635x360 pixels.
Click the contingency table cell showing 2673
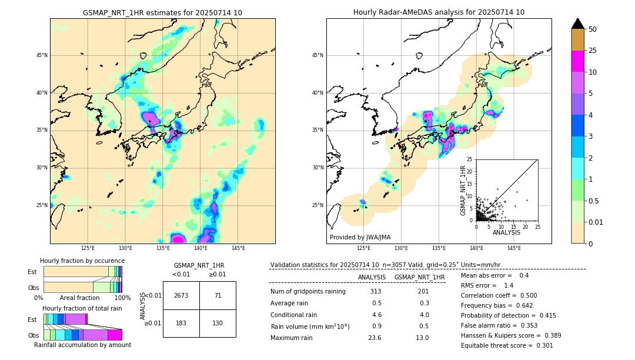181,295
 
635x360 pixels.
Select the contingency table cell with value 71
218,295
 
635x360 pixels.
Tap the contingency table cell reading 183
181,324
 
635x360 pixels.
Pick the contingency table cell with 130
218,324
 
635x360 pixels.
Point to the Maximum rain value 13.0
422,338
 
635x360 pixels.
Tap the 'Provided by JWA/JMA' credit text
360,237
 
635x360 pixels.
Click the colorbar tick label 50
593,29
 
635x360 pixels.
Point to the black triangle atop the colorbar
578,23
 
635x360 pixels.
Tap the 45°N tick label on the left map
42,55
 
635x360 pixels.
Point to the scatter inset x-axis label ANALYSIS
506,232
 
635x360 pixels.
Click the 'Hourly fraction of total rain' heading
82,308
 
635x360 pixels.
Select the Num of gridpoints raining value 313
376,291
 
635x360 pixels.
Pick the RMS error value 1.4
509,285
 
